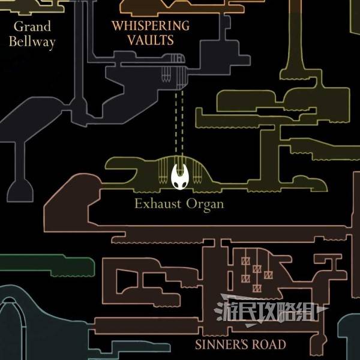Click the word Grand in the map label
(x=32, y=26)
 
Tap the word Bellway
(x=32, y=41)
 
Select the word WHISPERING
(x=151, y=25)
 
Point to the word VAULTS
(x=151, y=40)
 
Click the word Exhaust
(x=157, y=203)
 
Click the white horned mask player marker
(x=179, y=176)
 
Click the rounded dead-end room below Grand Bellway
(x=20, y=191)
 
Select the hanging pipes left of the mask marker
(x=162, y=171)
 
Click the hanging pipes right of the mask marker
(x=197, y=171)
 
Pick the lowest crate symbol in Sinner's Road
(x=257, y=288)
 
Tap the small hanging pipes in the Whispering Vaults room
(x=166, y=74)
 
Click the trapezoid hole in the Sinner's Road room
(x=127, y=281)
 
